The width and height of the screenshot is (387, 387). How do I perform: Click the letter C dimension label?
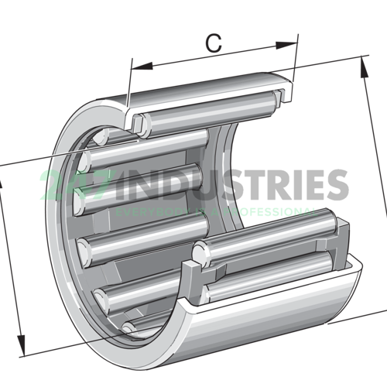click(x=214, y=43)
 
